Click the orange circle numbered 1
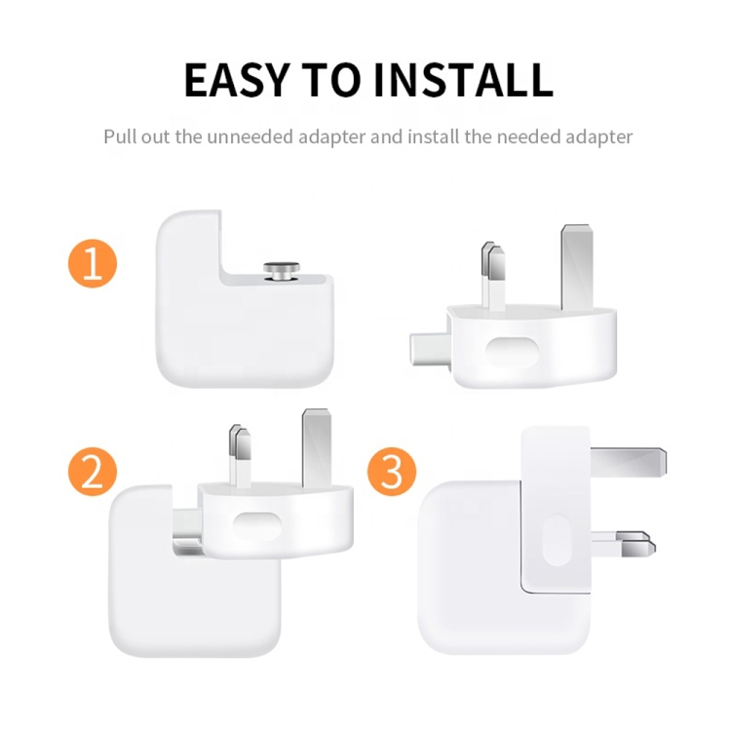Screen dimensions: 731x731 [93, 264]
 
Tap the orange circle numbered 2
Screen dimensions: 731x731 [93, 472]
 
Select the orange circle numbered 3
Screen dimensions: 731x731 [392, 472]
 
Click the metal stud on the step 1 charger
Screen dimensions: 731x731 [285, 269]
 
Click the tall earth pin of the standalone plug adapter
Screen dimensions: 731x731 [574, 265]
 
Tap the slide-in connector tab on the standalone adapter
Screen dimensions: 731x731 [428, 348]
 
